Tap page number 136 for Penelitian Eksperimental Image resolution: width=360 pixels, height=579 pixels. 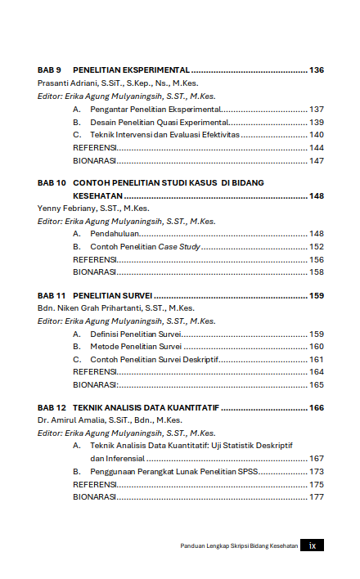point(317,70)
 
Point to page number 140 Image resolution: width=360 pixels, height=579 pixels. point(317,135)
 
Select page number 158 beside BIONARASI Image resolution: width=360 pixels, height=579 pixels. point(317,272)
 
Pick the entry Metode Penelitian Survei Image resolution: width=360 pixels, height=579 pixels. point(136,347)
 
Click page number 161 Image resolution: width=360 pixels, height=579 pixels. point(317,360)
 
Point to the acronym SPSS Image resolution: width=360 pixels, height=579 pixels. point(269,472)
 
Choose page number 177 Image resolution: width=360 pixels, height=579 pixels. point(317,497)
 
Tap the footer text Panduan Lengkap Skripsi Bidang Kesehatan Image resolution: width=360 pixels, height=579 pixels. point(239,546)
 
